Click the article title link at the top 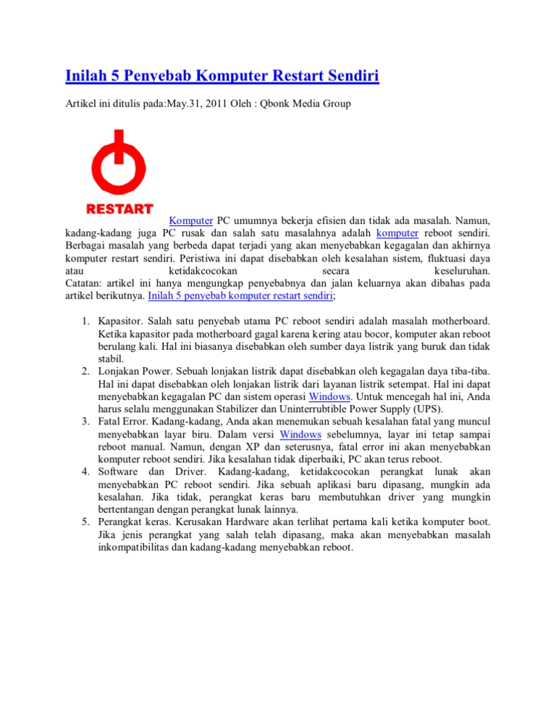coord(222,75)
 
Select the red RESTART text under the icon coord(120,209)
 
